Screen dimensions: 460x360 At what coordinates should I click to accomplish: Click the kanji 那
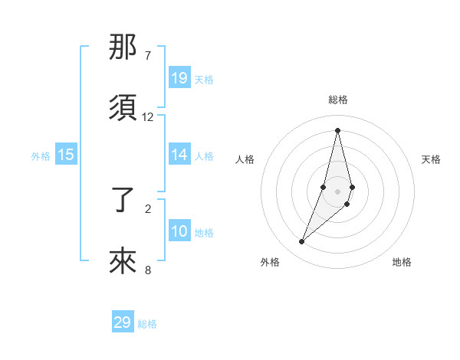123,48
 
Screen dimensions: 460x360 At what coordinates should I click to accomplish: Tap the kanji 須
123,108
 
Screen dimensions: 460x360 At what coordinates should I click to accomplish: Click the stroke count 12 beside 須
148,117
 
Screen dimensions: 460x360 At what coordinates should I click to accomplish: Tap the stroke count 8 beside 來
147,270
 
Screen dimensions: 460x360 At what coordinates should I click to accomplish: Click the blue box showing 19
179,78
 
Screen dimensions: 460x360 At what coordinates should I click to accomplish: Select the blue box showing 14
179,155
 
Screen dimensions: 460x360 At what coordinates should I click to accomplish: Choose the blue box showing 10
179,231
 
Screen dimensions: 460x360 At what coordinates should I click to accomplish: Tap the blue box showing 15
66,155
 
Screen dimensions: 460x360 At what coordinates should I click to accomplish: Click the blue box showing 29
123,322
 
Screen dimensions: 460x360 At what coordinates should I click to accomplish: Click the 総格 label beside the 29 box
147,324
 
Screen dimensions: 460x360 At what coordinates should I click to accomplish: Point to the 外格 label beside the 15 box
41,156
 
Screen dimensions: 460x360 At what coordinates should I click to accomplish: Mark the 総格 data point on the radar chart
337,129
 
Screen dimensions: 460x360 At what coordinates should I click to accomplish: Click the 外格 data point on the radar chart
301,242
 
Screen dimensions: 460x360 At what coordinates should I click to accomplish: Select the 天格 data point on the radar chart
352,187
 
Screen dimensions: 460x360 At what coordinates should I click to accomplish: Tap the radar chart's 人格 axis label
245,159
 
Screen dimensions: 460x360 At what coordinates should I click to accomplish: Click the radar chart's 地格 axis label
402,262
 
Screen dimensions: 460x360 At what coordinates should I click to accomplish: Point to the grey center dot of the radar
337,191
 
